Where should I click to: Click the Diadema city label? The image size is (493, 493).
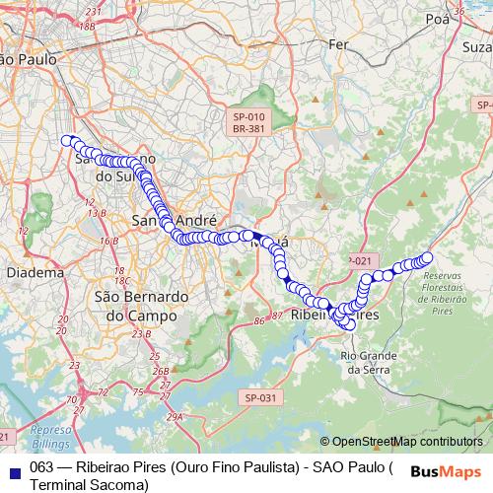coord(35,272)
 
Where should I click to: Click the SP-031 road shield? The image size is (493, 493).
coord(258,396)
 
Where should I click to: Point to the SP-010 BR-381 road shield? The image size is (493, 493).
coord(248,122)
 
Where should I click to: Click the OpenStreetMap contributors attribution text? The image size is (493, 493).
coord(406,442)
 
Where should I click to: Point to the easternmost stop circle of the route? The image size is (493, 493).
coord(427,258)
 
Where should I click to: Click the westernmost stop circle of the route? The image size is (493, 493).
coord(68,141)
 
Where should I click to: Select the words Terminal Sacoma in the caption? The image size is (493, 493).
coord(89,484)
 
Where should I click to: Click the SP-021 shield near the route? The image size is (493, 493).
coord(360,259)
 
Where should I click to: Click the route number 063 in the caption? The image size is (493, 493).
coord(42,467)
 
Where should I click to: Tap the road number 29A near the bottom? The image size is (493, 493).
coord(174,418)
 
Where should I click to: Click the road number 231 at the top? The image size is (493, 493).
coord(94,11)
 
